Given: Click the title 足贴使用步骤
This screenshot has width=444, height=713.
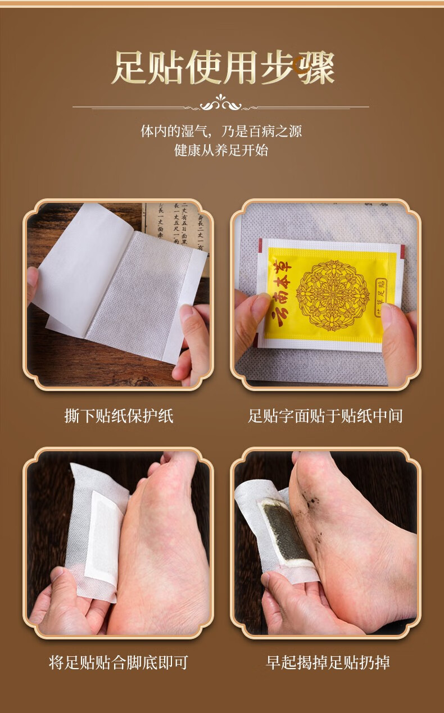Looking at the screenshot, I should tap(223, 67).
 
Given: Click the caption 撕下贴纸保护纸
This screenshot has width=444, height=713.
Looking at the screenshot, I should tap(119, 416).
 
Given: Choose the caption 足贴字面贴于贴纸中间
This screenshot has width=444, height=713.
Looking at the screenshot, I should tap(325, 416).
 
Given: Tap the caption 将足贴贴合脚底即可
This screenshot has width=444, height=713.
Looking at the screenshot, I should tap(119, 662).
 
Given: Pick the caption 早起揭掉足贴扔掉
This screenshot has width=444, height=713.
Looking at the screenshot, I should tap(328, 662).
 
